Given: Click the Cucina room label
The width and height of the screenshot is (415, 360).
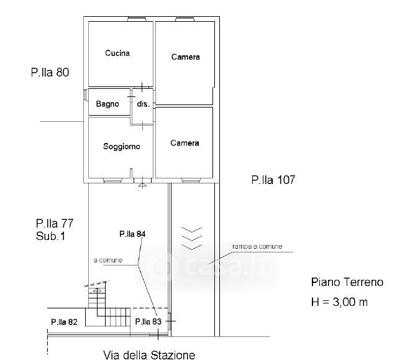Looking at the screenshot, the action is [x=117, y=53].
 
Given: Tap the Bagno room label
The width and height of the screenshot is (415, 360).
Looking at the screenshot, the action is [x=107, y=104].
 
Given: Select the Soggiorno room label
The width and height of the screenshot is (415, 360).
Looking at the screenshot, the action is [x=122, y=146].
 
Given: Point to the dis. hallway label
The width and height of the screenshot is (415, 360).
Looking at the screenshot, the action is [x=143, y=104].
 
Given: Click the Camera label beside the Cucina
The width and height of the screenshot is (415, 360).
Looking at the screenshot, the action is [x=185, y=57].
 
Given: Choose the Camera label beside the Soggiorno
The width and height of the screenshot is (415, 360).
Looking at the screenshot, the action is [x=185, y=143].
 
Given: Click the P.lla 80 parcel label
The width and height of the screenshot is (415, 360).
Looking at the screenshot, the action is [x=50, y=72].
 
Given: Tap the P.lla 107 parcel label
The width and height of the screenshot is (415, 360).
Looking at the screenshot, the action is [x=273, y=180].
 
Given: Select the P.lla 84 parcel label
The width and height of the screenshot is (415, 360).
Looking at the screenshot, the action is [x=132, y=234].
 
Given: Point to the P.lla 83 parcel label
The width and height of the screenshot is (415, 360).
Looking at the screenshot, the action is [x=148, y=321].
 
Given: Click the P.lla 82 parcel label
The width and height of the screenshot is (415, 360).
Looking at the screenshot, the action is [x=64, y=322].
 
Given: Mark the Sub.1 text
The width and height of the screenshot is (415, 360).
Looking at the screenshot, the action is [x=50, y=236].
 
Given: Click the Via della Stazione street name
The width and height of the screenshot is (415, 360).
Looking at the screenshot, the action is [x=149, y=355].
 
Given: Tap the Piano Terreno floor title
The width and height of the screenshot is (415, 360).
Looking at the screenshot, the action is [x=347, y=282].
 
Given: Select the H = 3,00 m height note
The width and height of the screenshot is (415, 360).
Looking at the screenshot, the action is [x=339, y=302].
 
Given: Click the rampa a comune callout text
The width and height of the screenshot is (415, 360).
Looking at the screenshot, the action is [x=257, y=246].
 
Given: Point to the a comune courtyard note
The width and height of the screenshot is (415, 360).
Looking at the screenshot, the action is [x=108, y=260].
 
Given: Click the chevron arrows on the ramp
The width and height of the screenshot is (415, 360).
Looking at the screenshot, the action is [x=191, y=238].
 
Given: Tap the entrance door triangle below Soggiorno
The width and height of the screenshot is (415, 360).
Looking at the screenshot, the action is [x=142, y=185].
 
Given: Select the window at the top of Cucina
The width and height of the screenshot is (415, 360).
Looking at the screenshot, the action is [x=137, y=19].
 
